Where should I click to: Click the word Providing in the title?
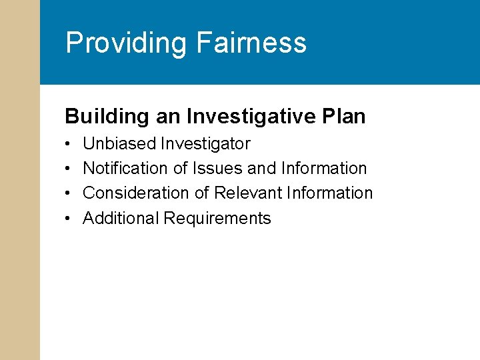pos(126,43)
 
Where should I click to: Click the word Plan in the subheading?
pos(343,117)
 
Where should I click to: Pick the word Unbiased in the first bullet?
pos(119,144)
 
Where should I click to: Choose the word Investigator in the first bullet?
pos(205,144)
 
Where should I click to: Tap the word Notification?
pos(125,169)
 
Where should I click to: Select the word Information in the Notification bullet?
pos(324,169)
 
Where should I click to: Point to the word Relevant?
pos(248,193)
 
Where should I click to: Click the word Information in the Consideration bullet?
pos(330,193)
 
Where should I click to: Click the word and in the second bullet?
pos(261,169)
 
